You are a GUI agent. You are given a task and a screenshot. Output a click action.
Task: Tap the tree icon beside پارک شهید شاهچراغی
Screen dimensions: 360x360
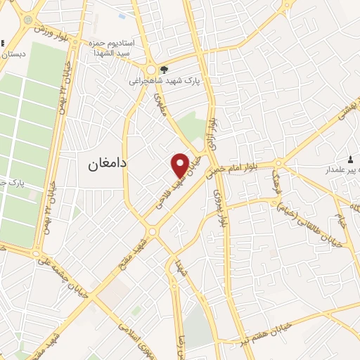pos(164,70)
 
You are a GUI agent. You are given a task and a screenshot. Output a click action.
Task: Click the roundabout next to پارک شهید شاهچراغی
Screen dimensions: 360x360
pos(151,70)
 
